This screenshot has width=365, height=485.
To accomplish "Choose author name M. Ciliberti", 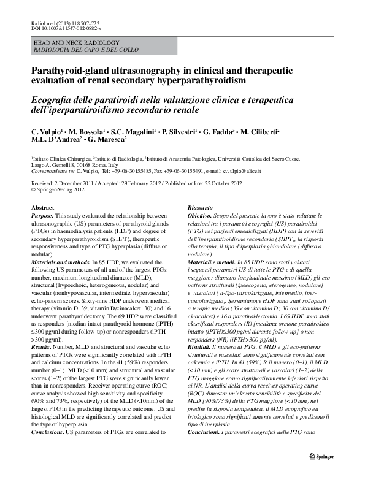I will (x=258, y=132).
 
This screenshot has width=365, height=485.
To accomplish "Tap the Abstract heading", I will (x=42, y=208).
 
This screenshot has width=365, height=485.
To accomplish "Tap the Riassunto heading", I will (x=200, y=208).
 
